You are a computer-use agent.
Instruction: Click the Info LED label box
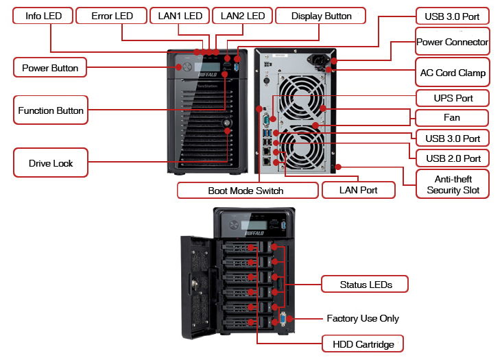click(43, 16)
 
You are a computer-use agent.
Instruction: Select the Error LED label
click(111, 16)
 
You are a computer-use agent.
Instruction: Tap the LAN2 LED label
click(242, 16)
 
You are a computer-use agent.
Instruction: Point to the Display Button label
click(320, 16)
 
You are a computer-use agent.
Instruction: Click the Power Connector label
click(453, 42)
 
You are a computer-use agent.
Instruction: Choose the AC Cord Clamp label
click(453, 72)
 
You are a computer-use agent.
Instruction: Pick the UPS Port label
click(453, 98)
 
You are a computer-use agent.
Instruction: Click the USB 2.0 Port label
click(453, 158)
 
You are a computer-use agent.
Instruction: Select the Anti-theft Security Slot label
click(453, 184)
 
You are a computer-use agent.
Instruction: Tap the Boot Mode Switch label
click(248, 191)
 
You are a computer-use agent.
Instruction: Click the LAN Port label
click(358, 190)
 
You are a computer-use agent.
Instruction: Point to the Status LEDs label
click(365, 284)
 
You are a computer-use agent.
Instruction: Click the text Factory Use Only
click(363, 318)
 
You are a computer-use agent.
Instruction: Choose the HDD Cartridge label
click(363, 344)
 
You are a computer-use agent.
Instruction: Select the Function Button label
click(51, 110)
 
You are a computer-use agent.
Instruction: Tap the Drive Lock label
click(51, 163)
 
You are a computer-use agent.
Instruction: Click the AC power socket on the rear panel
click(318, 60)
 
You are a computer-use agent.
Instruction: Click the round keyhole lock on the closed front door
click(227, 123)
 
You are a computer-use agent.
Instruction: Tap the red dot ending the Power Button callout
click(178, 67)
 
